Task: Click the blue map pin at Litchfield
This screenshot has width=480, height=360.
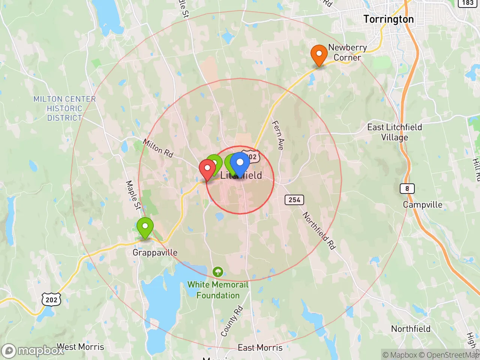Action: tap(240, 163)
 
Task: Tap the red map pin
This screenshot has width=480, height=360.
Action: tap(207, 169)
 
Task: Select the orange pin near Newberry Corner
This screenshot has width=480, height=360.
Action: tap(319, 55)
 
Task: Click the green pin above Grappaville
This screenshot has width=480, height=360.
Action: tap(145, 227)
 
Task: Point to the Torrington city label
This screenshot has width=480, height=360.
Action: tap(388, 19)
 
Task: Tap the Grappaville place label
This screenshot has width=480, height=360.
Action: tap(155, 252)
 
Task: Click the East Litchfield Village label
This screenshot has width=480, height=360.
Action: tap(394, 132)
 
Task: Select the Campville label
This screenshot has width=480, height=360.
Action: tap(423, 205)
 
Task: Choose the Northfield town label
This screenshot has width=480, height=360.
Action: tap(411, 329)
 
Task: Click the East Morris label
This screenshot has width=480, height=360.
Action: tap(260, 348)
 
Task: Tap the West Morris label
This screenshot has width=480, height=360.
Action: tap(80, 347)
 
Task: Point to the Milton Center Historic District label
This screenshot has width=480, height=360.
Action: tap(64, 108)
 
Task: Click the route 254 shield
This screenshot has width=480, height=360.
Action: tap(294, 200)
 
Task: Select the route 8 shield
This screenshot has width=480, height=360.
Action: tap(407, 188)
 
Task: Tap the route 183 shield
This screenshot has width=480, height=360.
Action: tap(468, 3)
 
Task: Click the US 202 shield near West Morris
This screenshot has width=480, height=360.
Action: tap(51, 300)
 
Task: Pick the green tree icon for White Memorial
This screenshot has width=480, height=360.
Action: tap(218, 272)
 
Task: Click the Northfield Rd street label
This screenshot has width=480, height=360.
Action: tap(319, 231)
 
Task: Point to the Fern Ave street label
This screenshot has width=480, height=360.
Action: tap(278, 135)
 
